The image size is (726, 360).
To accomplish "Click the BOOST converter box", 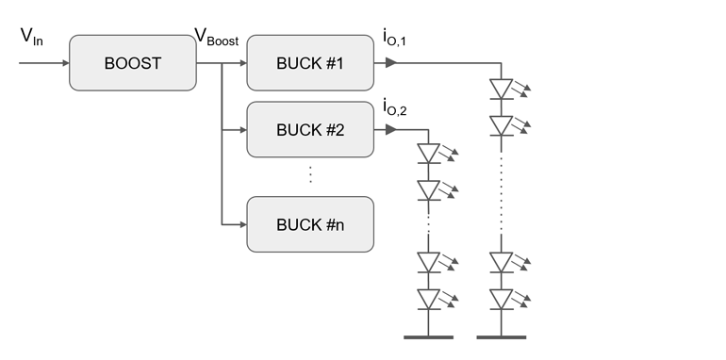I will click(x=132, y=64).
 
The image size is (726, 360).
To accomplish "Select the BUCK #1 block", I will click(x=310, y=64).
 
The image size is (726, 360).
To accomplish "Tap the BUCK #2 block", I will click(x=310, y=130).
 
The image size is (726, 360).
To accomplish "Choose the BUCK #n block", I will click(x=310, y=224).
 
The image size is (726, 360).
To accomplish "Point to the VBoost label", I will click(x=216, y=38).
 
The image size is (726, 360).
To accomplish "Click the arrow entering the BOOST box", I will click(x=64, y=64).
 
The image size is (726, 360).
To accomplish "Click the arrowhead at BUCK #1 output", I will click(x=390, y=64).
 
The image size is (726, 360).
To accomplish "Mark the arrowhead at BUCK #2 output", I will click(x=390, y=130).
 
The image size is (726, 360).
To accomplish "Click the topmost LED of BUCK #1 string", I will click(x=502, y=89).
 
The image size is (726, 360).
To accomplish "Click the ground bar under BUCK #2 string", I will click(x=429, y=335).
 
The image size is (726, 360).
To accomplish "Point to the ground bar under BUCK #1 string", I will click(x=502, y=335).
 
